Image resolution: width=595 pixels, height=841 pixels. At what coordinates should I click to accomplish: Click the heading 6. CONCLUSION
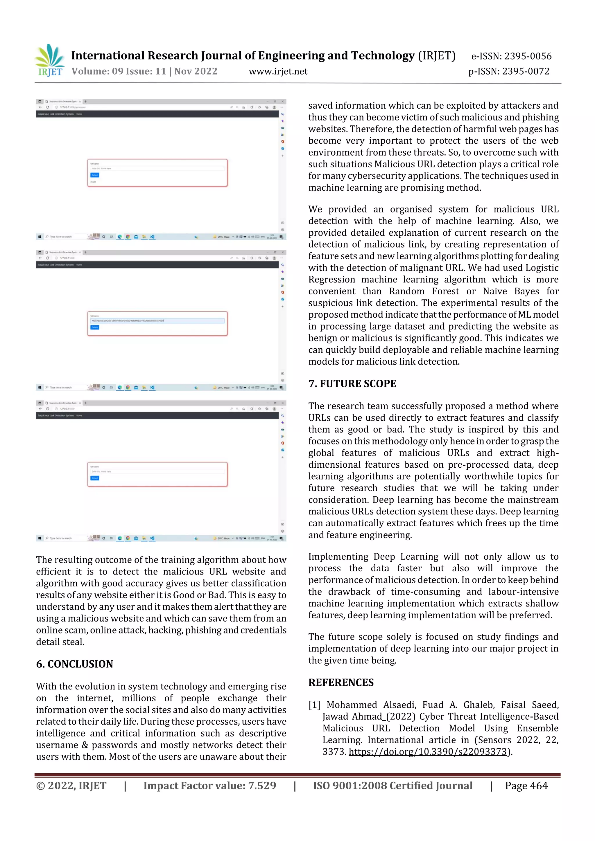pyautogui.click(x=74, y=664)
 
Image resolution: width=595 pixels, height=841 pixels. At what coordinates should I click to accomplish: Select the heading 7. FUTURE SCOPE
pyautogui.click(x=352, y=383)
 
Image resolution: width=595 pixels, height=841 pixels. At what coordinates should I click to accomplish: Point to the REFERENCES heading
pyautogui.click(x=341, y=682)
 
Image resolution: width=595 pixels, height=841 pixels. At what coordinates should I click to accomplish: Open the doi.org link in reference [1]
pyautogui.click(x=427, y=752)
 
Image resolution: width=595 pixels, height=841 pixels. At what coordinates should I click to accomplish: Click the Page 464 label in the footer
pyautogui.click(x=526, y=786)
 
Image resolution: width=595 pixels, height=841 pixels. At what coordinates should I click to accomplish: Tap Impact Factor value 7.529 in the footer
pyautogui.click(x=210, y=786)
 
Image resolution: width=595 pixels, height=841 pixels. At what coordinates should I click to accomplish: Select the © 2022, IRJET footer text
pyautogui.click(x=71, y=786)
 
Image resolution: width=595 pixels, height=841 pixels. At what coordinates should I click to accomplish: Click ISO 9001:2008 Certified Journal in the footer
pyautogui.click(x=393, y=786)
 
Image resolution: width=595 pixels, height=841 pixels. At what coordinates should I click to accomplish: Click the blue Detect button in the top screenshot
pyautogui.click(x=95, y=175)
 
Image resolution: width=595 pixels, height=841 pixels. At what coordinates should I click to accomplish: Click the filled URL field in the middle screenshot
pyautogui.click(x=157, y=320)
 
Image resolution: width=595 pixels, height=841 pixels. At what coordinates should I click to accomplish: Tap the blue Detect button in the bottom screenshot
pyautogui.click(x=95, y=478)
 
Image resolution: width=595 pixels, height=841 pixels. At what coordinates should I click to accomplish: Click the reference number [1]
pyautogui.click(x=314, y=705)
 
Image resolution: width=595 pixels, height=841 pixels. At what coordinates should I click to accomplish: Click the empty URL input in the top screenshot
pyautogui.click(x=157, y=168)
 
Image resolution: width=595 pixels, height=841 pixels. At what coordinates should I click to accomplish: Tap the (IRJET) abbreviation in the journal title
pyautogui.click(x=437, y=56)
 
